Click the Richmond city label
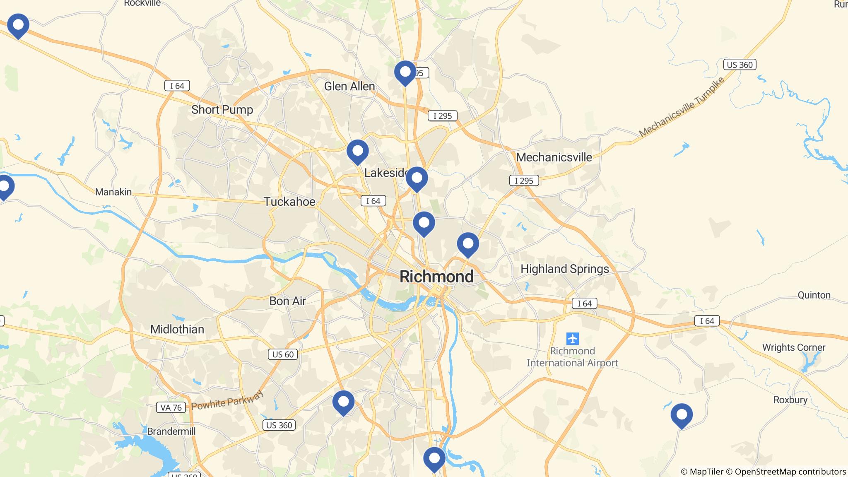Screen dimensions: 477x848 click(436, 277)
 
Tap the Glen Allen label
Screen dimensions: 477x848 click(349, 86)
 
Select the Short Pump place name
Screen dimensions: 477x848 click(222, 110)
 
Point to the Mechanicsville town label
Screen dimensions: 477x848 click(554, 157)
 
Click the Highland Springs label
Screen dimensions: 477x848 click(565, 269)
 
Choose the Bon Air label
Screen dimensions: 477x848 click(287, 301)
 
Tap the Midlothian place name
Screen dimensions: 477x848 click(177, 329)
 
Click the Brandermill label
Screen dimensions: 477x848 click(171, 431)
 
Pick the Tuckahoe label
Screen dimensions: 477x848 click(289, 202)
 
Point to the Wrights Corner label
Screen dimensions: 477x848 click(794, 347)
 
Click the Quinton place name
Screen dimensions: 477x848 click(814, 295)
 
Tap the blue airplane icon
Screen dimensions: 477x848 click(573, 339)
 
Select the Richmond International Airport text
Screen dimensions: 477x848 click(572, 357)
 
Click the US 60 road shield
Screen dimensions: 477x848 click(283, 354)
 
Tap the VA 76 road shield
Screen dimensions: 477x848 click(171, 407)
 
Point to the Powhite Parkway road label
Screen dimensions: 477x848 click(227, 400)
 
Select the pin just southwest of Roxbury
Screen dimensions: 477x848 click(682, 415)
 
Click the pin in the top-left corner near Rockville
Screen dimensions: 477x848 click(18, 25)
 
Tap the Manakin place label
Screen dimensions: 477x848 click(113, 192)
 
